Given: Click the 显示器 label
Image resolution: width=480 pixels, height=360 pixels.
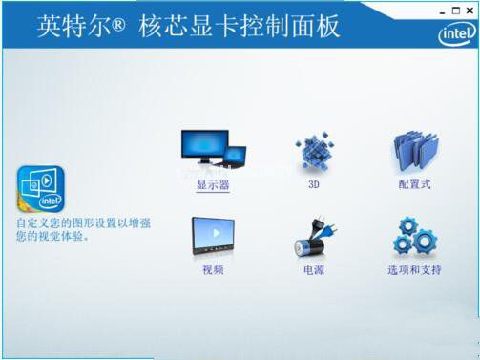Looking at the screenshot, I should coord(213,185).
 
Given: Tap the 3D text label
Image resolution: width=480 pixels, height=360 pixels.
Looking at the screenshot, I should coord(313,185).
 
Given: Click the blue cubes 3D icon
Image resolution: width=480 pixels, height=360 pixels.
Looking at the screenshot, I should coord(314,151).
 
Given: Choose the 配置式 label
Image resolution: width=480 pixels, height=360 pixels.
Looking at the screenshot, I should coord(414,184).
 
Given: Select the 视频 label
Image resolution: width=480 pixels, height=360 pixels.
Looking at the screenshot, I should coord(212,270).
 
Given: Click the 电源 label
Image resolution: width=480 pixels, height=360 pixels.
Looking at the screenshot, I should coord(313,270).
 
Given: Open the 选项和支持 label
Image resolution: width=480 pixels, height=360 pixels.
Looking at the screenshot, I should coord(414,270).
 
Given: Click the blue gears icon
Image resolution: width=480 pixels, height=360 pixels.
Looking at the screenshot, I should coord(415,237).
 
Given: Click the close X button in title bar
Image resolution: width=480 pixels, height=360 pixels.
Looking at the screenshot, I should coord(469,10).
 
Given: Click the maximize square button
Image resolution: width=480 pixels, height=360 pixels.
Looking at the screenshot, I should coord(455,10).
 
